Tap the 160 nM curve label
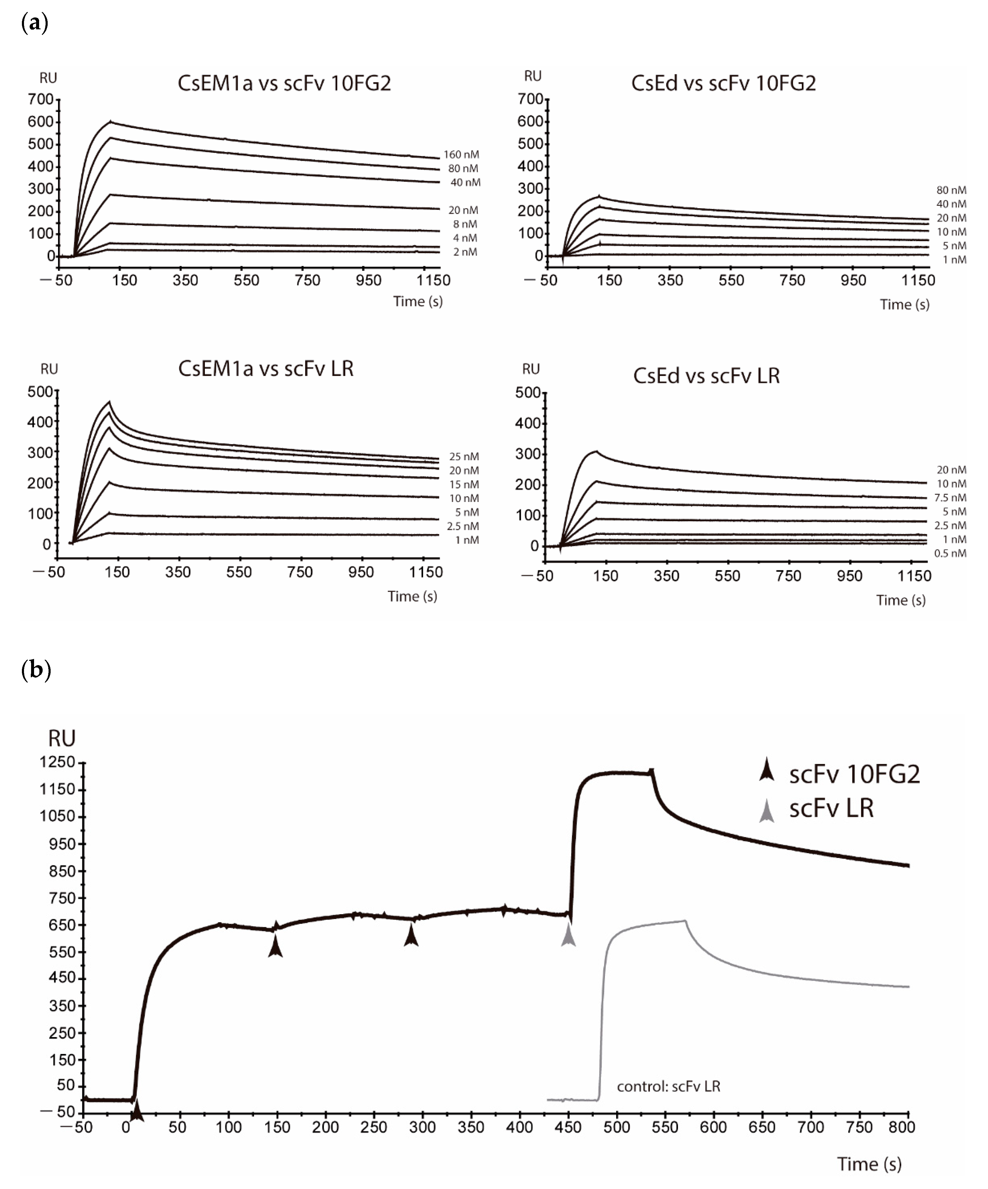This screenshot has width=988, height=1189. [461, 155]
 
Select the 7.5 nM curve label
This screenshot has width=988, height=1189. [950, 498]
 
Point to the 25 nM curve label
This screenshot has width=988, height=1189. [464, 456]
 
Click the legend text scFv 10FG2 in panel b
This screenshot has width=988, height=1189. [854, 774]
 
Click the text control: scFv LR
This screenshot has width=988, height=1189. [668, 1087]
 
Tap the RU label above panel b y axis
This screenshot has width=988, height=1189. [61, 738]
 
